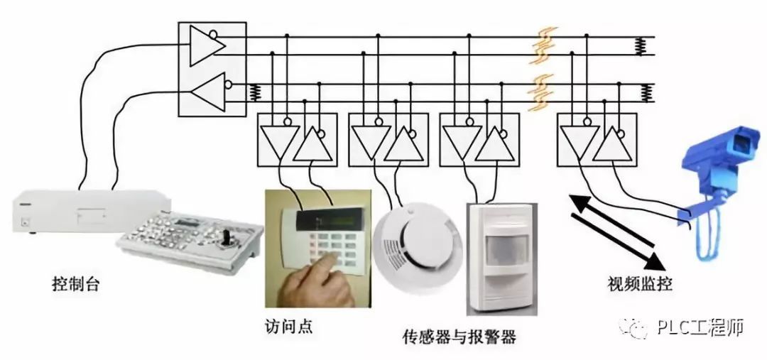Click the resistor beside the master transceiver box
(252, 92)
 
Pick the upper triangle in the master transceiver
(207, 44)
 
